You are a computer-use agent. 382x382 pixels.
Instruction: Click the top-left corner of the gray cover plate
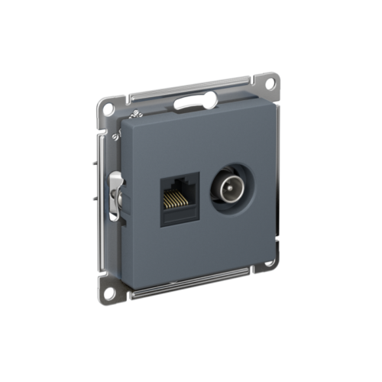[121, 121]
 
